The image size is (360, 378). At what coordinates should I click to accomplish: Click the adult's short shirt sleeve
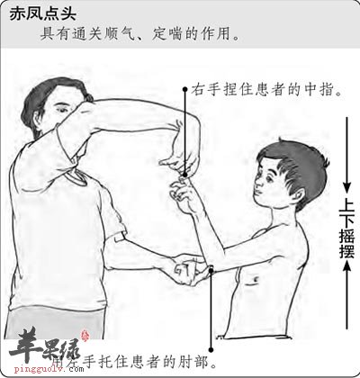[x=112, y=220]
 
